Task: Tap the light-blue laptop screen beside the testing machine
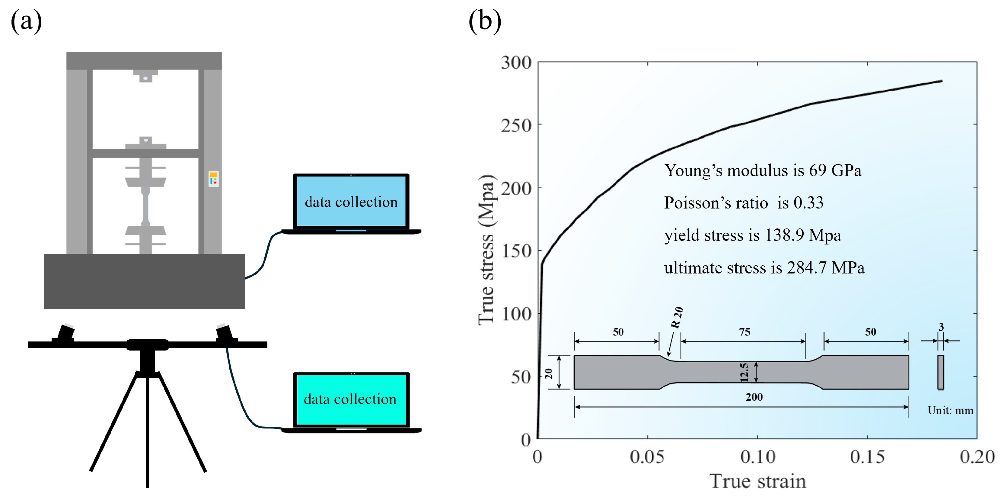(351, 202)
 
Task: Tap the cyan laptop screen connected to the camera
(351, 399)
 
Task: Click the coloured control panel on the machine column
(213, 179)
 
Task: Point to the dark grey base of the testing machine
(144, 281)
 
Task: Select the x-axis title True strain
(757, 482)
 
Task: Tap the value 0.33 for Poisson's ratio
(808, 203)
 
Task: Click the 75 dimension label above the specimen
(744, 332)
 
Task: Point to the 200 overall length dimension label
(754, 397)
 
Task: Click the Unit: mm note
(950, 410)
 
